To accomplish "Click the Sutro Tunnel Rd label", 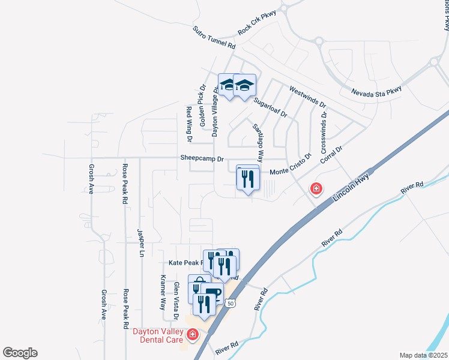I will click(x=215, y=37).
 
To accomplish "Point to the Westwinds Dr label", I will click(x=307, y=96).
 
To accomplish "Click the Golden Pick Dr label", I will click(x=202, y=98).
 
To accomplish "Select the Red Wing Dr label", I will click(x=189, y=124).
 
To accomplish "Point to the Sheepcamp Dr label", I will click(x=202, y=159).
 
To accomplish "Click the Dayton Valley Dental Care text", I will click(x=157, y=335).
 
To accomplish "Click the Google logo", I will click(x=20, y=353).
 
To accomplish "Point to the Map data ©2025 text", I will click(x=423, y=355).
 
